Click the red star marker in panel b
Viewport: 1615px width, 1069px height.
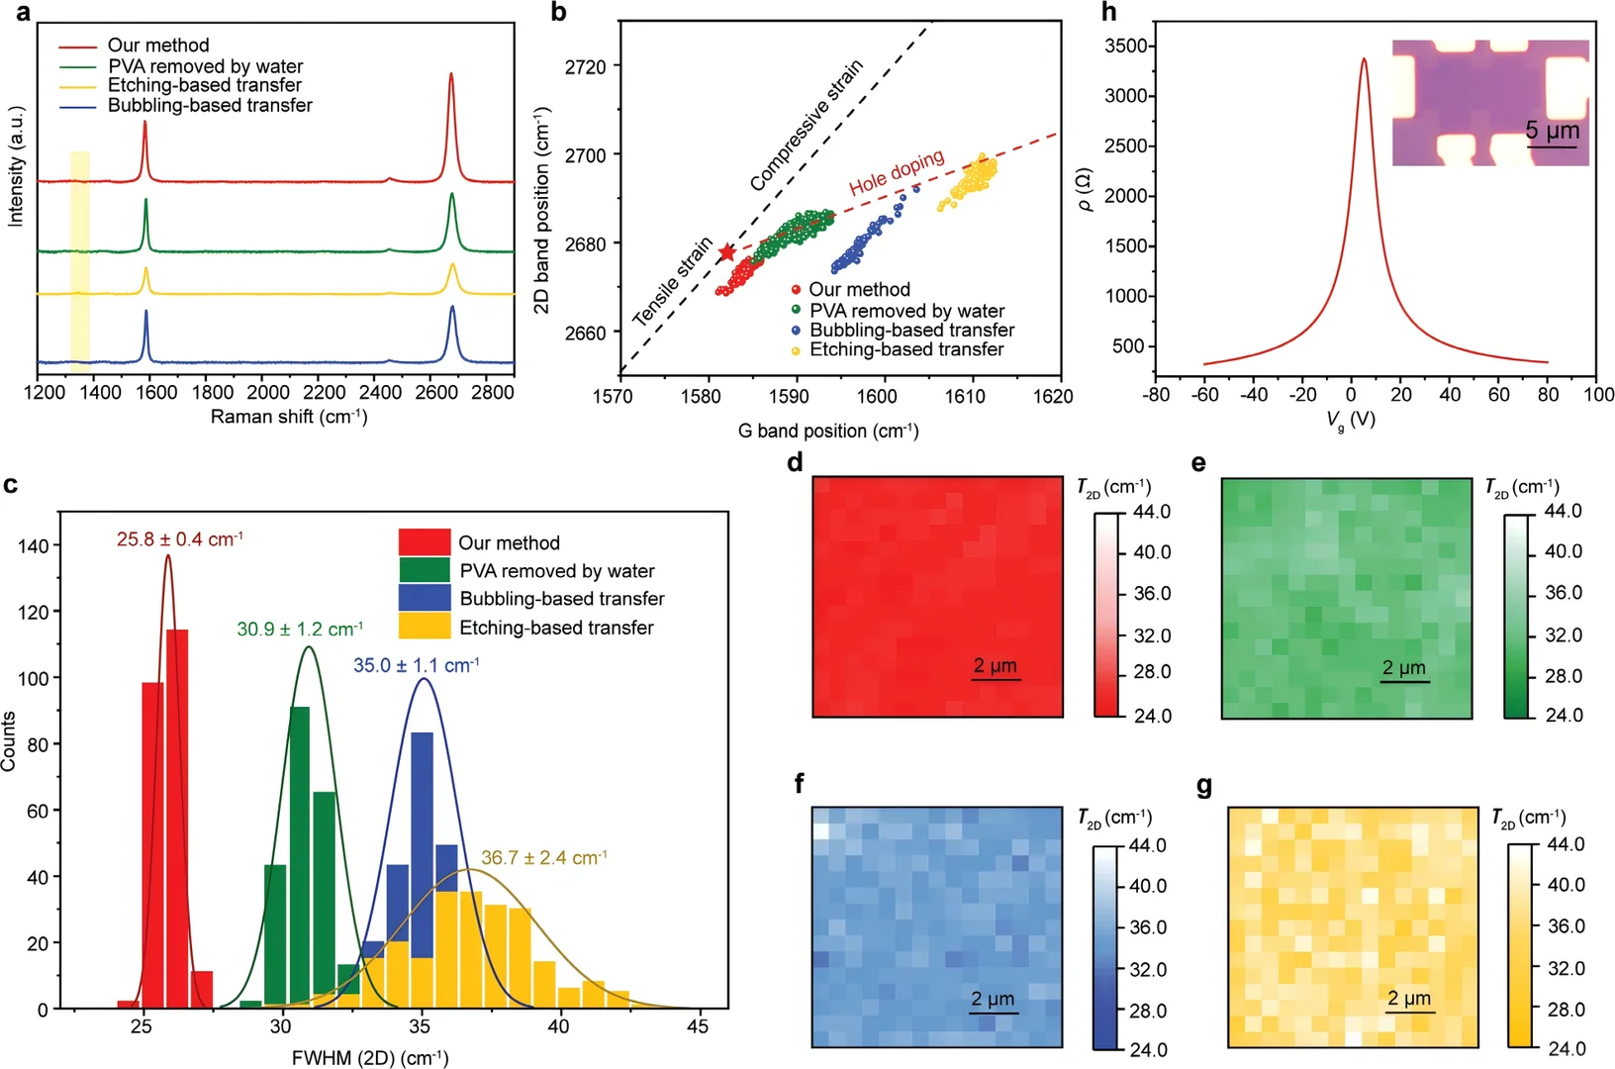727,252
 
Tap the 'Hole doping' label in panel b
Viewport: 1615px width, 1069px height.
897,173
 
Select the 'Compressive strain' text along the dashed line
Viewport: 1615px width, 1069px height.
807,125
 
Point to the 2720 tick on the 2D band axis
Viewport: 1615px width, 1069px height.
585,66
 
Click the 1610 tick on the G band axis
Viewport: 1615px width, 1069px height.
965,397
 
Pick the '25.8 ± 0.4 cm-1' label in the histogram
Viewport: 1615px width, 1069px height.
179,539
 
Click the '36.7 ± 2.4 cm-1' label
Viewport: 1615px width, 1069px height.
543,858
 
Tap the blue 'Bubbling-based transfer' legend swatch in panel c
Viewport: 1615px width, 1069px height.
425,598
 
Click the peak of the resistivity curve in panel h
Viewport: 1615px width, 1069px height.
1364,59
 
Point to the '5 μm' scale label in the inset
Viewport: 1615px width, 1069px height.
1552,131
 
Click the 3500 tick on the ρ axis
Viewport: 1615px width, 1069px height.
1126,46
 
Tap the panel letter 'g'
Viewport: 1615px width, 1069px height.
1204,786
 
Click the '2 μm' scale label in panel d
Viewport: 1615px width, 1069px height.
995,665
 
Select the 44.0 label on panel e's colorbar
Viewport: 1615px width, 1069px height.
1564,511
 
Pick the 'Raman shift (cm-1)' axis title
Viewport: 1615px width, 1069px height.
289,417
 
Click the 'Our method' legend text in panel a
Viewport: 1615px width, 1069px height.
158,46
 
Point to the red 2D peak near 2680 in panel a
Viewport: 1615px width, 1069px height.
451,75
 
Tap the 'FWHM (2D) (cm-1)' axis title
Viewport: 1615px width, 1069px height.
370,1058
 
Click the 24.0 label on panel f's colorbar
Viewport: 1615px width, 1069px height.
1148,1049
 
